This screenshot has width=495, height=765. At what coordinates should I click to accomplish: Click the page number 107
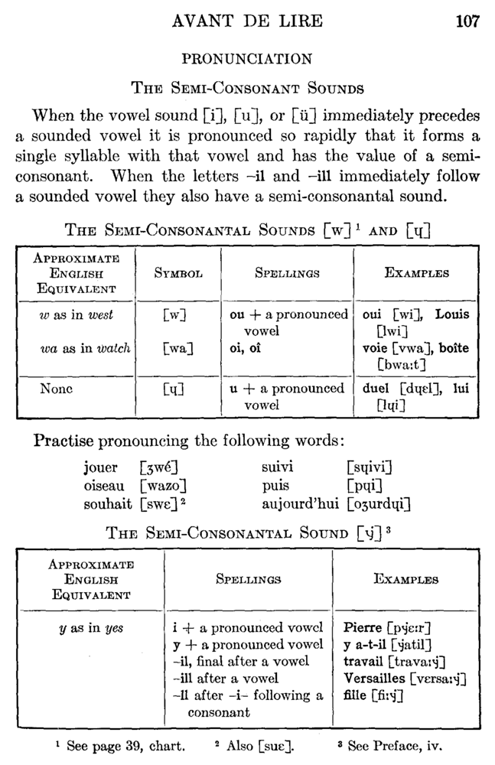point(467,21)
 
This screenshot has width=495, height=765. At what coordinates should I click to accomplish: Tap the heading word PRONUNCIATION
point(246,59)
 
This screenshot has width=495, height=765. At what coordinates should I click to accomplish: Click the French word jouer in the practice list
point(101,467)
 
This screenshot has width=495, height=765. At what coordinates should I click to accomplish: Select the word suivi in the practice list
point(278,467)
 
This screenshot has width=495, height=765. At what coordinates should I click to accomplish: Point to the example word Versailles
point(376,679)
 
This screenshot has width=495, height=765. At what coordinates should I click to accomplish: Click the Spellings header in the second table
point(249,580)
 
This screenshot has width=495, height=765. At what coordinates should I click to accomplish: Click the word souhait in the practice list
point(108,504)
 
